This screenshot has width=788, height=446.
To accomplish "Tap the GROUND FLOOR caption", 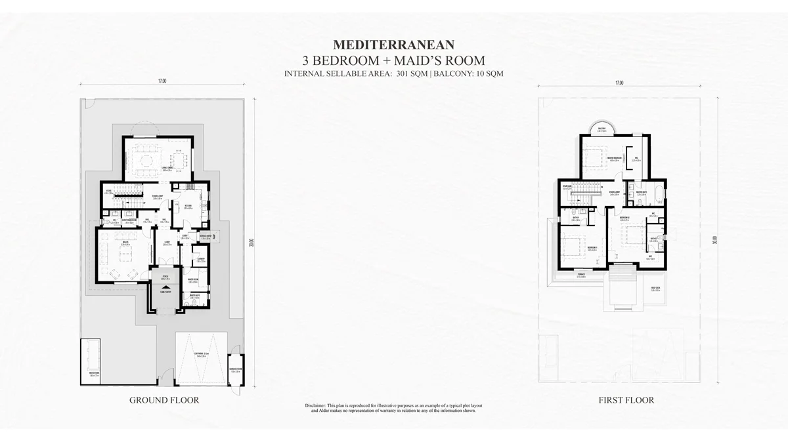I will [164, 399].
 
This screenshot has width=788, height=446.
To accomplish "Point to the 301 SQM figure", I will [411, 73].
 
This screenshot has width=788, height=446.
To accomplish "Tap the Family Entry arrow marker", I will [165, 295].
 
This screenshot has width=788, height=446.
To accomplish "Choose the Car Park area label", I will [201, 354].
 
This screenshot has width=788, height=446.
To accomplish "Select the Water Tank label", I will [94, 375].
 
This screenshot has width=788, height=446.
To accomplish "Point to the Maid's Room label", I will [193, 280].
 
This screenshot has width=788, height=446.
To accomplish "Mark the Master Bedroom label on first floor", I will [615, 158].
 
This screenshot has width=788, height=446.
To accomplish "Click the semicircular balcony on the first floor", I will [601, 129].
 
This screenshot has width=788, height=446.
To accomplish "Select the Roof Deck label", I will [655, 289].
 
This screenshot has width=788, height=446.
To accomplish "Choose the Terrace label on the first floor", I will [580, 275].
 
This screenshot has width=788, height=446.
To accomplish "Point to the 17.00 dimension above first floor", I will [619, 83].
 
